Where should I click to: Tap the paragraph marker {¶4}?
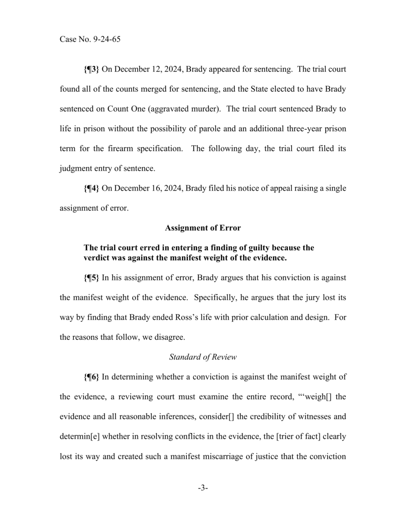(92, 188)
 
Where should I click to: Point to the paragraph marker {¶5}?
(92, 278)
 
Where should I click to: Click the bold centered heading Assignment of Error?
(203, 228)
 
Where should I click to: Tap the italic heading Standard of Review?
(203, 357)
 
